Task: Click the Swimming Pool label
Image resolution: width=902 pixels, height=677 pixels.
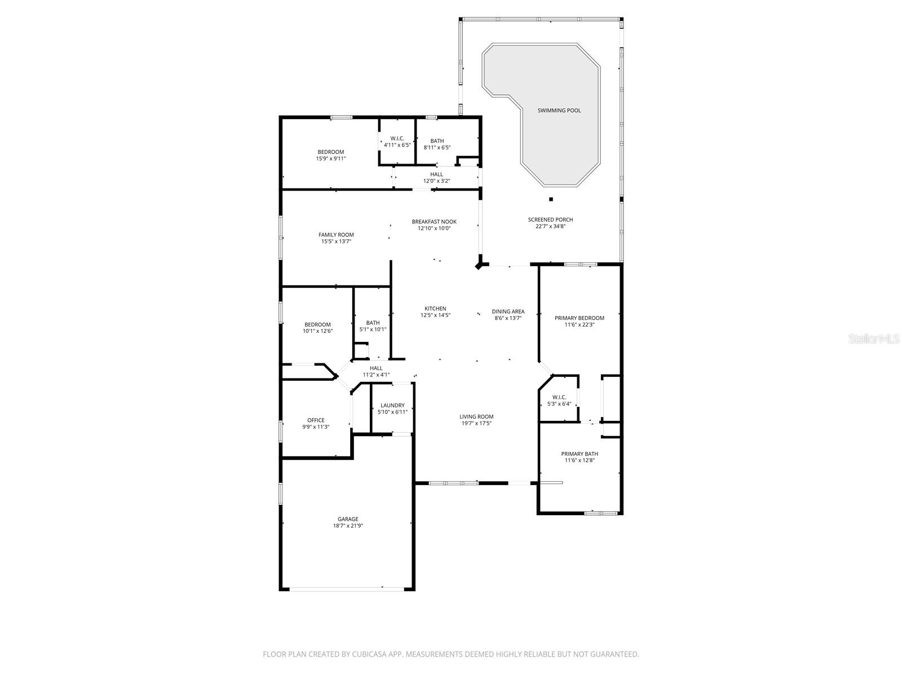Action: click(559, 111)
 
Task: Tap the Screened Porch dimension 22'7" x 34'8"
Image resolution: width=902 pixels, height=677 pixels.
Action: click(550, 227)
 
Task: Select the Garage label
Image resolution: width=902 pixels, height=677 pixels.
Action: click(348, 519)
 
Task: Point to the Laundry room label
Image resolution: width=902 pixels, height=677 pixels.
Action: click(392, 405)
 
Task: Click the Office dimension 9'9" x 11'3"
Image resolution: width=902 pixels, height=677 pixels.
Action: click(316, 427)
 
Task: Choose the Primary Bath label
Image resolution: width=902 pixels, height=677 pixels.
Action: click(580, 454)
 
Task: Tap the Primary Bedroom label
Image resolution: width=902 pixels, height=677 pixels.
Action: click(579, 318)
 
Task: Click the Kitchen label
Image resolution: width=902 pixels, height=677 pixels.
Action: click(435, 309)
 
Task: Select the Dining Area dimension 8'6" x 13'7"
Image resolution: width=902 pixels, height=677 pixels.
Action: click(508, 318)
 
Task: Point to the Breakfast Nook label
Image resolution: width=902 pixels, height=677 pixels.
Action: click(434, 222)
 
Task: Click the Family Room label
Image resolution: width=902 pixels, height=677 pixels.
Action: click(336, 235)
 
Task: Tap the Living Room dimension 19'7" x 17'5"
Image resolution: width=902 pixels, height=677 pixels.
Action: click(476, 423)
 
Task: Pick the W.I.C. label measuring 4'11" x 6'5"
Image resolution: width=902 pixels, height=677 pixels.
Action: click(397, 138)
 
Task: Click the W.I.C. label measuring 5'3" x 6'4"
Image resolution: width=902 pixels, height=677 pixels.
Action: click(559, 397)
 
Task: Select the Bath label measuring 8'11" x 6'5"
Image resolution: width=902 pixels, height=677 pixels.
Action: click(437, 141)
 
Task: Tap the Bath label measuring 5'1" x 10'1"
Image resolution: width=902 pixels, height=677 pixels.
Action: click(373, 323)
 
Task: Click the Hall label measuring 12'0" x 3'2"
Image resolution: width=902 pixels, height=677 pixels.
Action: click(436, 174)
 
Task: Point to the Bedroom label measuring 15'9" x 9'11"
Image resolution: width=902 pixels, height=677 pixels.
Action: click(330, 152)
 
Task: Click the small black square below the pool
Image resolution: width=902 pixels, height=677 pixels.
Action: click(551, 199)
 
